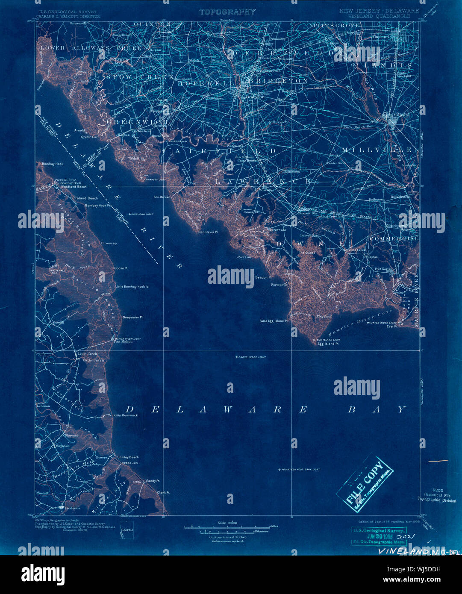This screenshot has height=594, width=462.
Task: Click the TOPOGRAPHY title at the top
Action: [x=227, y=12]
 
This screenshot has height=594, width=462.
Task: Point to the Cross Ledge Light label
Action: [x=252, y=357]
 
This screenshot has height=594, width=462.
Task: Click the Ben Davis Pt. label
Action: [x=209, y=232]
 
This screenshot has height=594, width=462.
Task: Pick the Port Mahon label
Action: [x=122, y=341]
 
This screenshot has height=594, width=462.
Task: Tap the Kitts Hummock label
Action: [x=126, y=415]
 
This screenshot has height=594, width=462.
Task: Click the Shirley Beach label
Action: [x=128, y=457]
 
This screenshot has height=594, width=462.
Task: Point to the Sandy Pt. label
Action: [x=153, y=481]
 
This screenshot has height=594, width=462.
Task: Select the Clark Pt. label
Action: [x=163, y=492]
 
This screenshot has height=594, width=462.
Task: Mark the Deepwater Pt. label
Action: [x=132, y=317]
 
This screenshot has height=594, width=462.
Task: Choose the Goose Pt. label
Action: [x=121, y=268]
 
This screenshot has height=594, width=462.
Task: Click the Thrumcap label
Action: [x=109, y=243]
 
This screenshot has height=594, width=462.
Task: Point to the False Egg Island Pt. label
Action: [x=274, y=321]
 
